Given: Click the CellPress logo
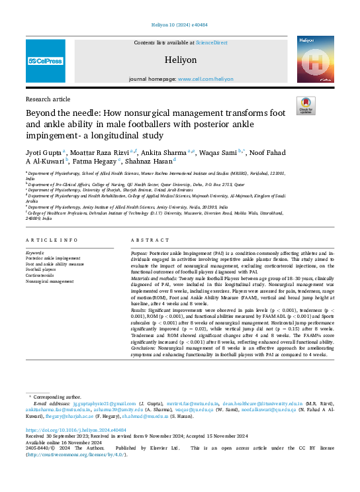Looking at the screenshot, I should (45, 61).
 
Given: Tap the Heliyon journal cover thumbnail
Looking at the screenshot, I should (315, 59).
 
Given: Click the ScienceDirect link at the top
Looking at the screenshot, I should (212, 42).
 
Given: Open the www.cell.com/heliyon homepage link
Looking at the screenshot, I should (205, 79).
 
